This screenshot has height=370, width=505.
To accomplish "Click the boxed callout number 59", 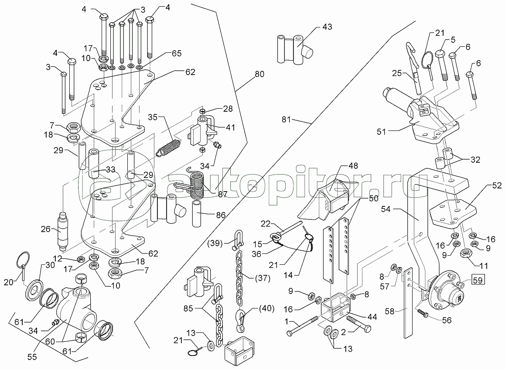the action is [x=478, y=280].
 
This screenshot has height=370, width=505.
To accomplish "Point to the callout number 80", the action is [x=259, y=74].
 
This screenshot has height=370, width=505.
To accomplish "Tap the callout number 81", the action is [x=286, y=120].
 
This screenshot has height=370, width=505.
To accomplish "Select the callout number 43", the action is [x=327, y=27].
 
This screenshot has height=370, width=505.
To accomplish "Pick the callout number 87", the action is [x=222, y=194].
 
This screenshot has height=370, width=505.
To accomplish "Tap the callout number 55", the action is [x=32, y=357].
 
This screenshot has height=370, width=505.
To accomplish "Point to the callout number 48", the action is [x=353, y=166].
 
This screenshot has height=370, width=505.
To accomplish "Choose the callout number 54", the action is [x=386, y=209].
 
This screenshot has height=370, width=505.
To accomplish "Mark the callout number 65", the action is [x=177, y=53].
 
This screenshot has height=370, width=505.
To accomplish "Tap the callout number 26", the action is [x=46, y=229].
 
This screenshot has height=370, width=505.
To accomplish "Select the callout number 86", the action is [x=221, y=215].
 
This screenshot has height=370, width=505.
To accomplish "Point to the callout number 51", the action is [x=381, y=131].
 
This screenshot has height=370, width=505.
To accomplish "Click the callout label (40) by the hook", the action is [x=266, y=309].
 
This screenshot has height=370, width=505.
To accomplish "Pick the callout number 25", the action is [x=397, y=73].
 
